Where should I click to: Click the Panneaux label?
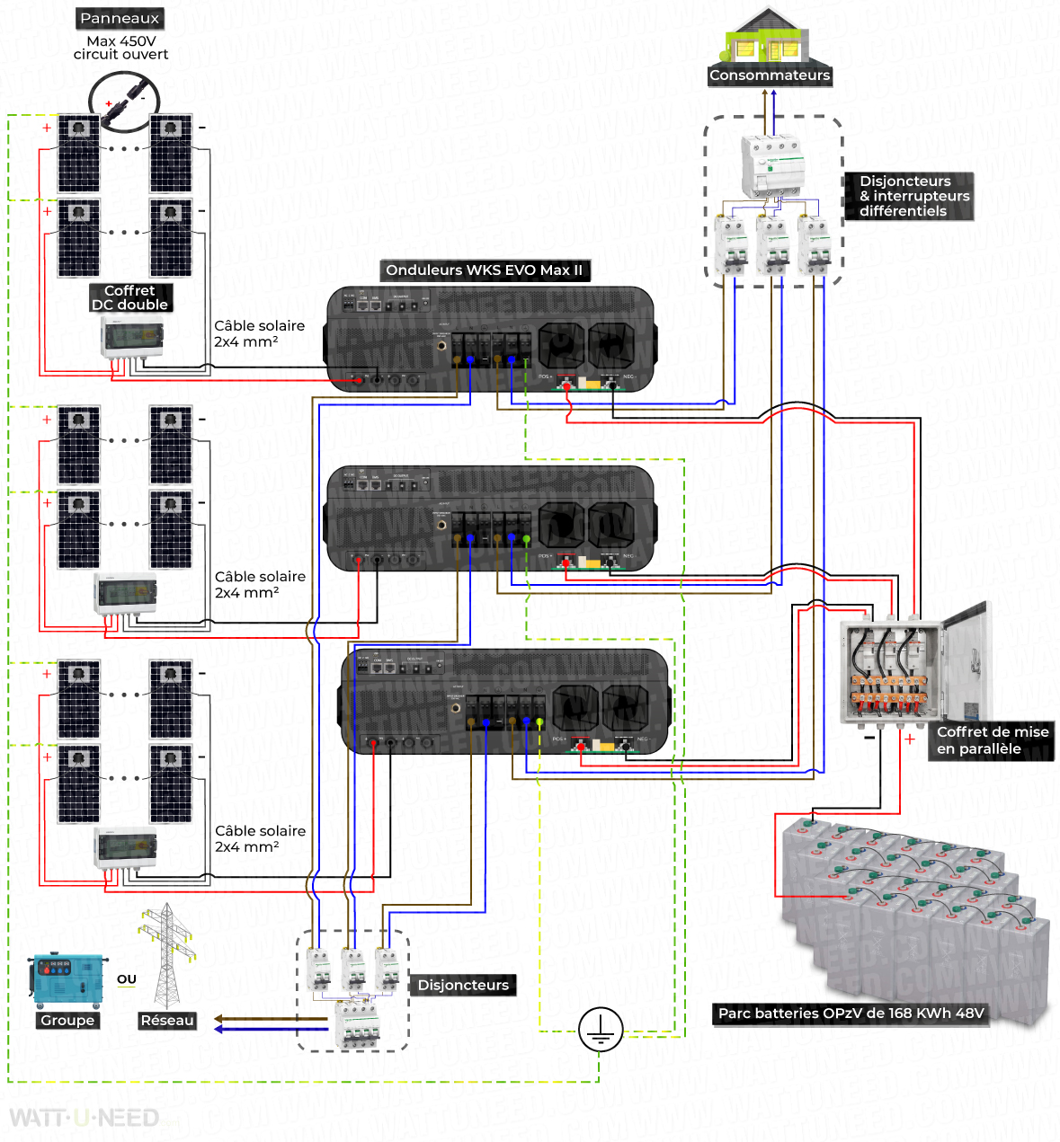point(120,18)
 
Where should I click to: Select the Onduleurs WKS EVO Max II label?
point(484,270)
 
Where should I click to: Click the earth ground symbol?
point(600,1030)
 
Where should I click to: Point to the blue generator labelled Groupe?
point(67,981)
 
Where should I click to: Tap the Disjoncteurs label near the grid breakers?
point(463,986)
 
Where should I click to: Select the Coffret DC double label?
point(130,297)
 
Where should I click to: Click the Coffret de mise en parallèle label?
point(992,740)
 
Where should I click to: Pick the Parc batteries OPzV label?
point(851,1014)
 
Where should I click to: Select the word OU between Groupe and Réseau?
point(127,979)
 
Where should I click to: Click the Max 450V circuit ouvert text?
point(120,48)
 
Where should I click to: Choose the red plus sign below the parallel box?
point(910,739)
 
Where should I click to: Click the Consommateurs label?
point(770,75)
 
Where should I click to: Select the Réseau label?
point(167,1021)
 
